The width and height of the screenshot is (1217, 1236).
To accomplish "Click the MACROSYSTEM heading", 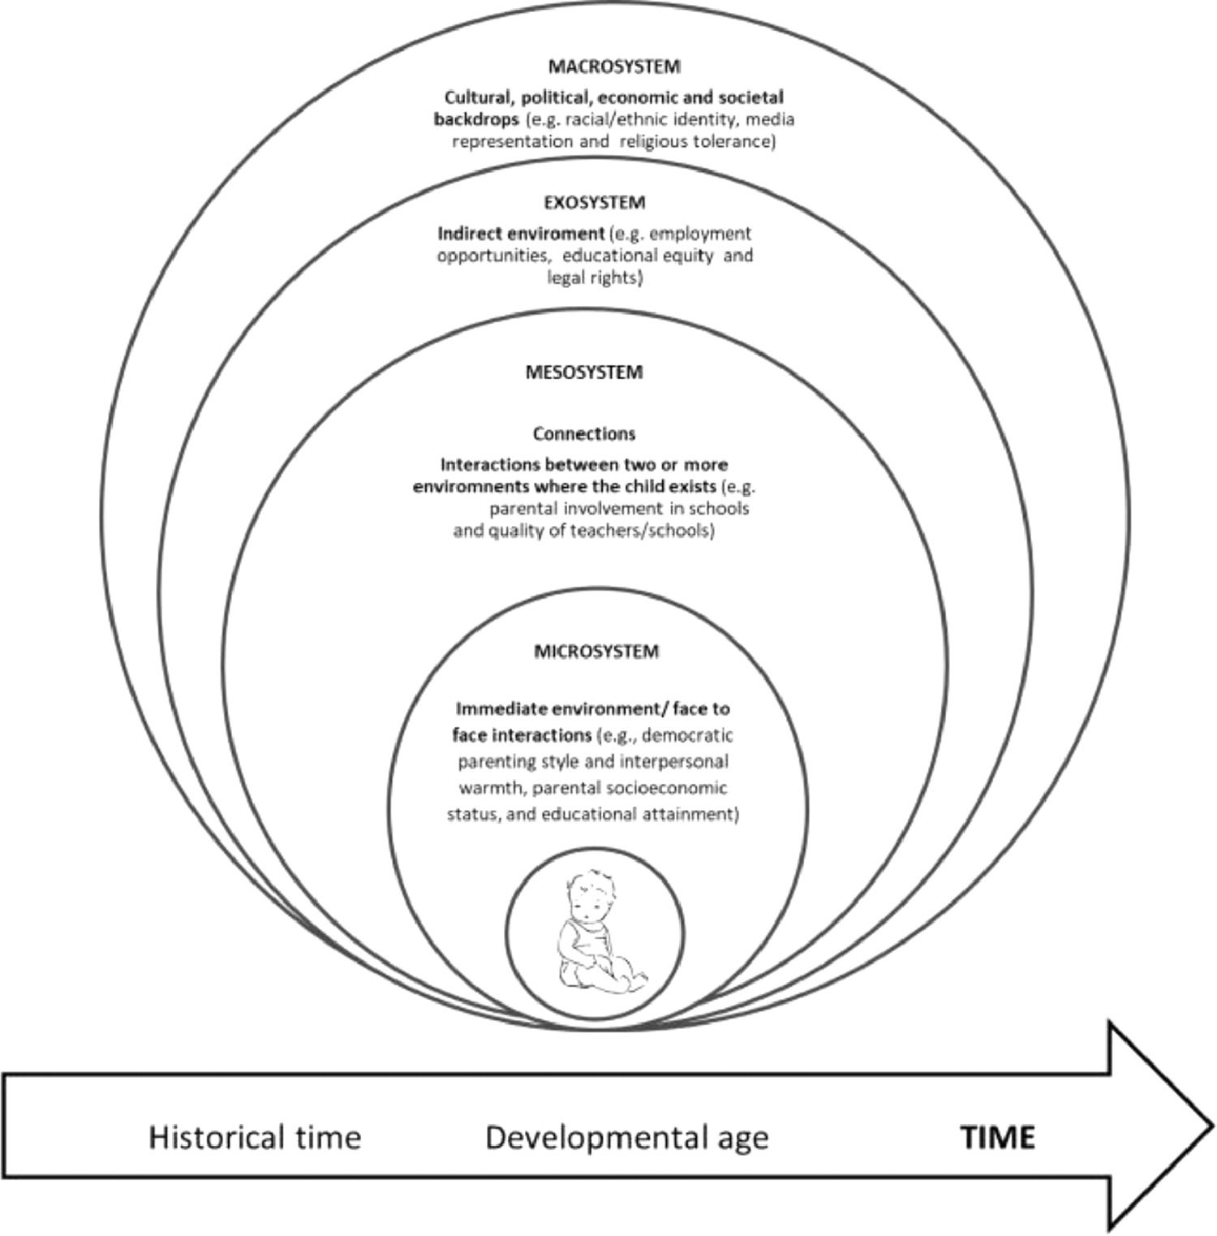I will point(613,67).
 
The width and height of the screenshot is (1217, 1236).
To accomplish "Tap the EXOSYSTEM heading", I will point(595,202).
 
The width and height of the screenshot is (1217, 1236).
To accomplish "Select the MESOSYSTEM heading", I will point(583,373).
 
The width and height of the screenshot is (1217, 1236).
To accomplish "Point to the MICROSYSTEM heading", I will point(596,652).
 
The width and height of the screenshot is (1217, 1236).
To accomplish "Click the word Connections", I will point(583,434).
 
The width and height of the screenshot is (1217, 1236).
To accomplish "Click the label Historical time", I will point(254,1137).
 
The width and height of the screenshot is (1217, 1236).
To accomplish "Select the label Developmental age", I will point(626,1137).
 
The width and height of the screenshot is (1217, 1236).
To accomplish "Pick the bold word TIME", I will point(998,1137).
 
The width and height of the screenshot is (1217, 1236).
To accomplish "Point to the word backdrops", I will point(475,120).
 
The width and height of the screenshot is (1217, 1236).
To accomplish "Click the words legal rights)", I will point(594,278).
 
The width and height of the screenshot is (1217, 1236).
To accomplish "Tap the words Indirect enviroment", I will point(521,234).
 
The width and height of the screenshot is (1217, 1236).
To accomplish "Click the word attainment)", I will point(690,813).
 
